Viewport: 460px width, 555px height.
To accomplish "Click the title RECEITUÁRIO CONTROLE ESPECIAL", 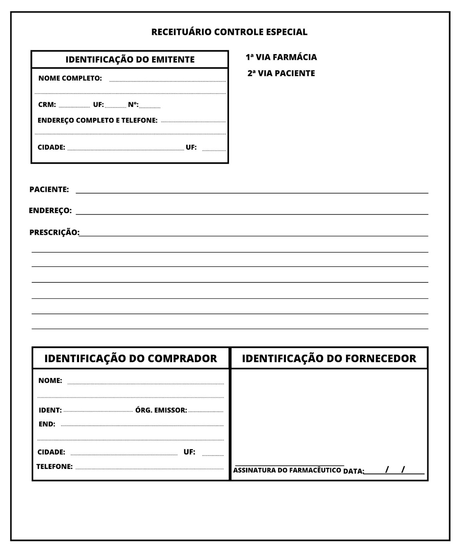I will click(229, 32).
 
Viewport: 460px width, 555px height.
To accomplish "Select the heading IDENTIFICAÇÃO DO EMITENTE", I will click(130, 59).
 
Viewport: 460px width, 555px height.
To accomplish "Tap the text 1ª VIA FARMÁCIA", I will click(281, 57).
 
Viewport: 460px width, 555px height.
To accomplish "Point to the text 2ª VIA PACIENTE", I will click(281, 73).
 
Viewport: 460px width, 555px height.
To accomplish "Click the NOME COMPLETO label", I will click(70, 78).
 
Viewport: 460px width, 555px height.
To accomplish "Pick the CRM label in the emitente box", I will click(47, 104).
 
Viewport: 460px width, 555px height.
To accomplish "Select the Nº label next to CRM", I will click(133, 104).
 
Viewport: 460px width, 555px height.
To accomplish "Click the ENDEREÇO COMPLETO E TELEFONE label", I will click(97, 120).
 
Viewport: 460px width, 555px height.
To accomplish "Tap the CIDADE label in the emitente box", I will click(51, 147).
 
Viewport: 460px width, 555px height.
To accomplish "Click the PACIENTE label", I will click(49, 189).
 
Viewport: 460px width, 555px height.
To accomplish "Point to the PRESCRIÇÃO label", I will click(54, 232).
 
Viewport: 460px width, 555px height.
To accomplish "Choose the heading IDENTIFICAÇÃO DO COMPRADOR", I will click(131, 358).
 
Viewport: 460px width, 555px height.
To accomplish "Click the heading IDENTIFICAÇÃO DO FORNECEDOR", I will click(329, 358).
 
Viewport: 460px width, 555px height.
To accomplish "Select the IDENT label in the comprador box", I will click(50, 410).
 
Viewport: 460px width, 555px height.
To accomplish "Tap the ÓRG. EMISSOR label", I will click(161, 410).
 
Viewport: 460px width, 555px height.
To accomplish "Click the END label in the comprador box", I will click(47, 424).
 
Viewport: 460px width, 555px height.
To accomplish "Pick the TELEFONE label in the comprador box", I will click(55, 467).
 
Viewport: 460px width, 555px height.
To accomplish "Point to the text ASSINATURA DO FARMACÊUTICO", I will click(287, 470).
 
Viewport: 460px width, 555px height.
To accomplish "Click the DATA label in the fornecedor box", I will click(353, 471).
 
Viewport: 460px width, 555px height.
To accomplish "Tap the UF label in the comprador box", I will click(189, 452).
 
